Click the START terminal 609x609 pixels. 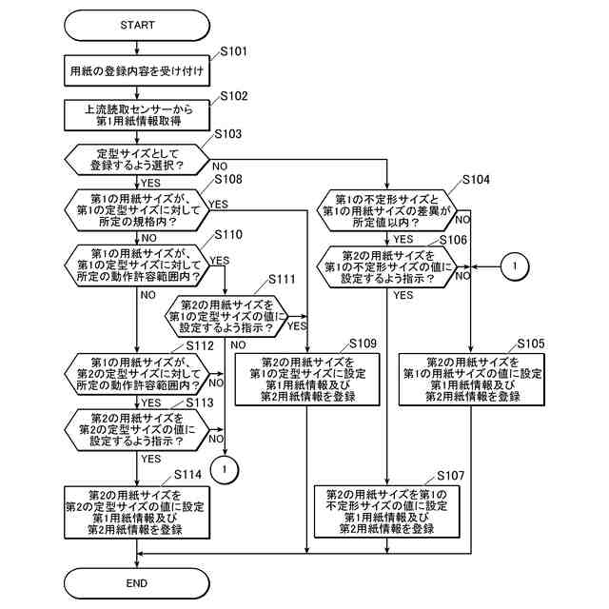[137, 24]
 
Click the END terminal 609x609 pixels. [137, 582]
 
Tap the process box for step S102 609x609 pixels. [137, 115]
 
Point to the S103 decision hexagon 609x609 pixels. [137, 159]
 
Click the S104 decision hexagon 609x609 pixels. [386, 210]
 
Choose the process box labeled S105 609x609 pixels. [471, 379]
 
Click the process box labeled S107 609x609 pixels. [386, 511]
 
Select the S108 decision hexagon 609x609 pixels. [137, 209]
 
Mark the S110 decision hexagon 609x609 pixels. [137, 264]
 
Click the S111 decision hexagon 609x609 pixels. [226, 316]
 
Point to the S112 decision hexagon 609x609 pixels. [137, 373]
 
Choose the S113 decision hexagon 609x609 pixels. [137, 428]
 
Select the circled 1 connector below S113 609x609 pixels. [226, 467]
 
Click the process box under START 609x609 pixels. [137, 70]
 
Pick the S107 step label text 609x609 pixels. [450, 474]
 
